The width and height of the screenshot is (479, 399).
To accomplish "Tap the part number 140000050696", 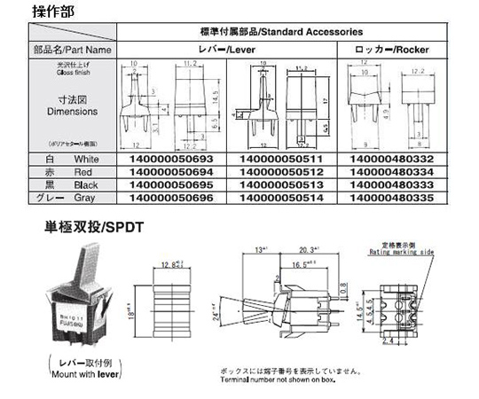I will [x=170, y=199].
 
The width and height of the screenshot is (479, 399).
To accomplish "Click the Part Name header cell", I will [x=59, y=51].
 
